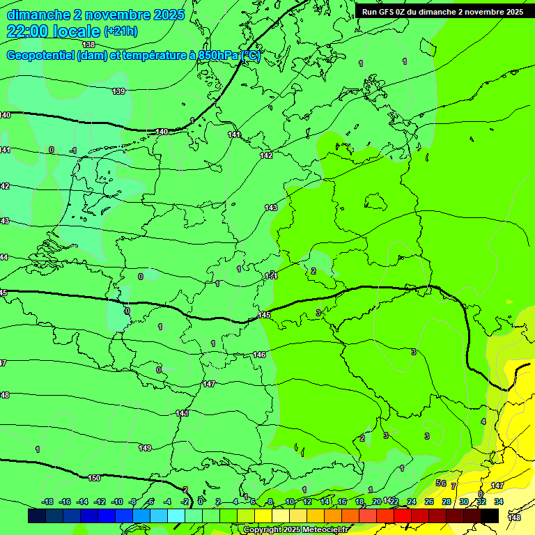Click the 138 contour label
pyautogui.click(x=88, y=45)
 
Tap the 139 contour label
pyautogui.click(x=118, y=91)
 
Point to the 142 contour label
pyautogui.click(x=266, y=155)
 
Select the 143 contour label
pyautogui.click(x=271, y=208)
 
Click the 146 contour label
pyautogui.click(x=259, y=355)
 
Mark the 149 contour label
pyautogui.click(x=145, y=448)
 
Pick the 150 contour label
pyautogui.click(x=94, y=478)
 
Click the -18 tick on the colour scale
pyautogui.click(x=48, y=502)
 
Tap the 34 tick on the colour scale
pyautogui.click(x=499, y=502)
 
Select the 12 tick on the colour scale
pyautogui.click(x=307, y=502)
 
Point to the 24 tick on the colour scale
pyautogui.click(x=412, y=502)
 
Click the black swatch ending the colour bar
pyautogui.click(x=490, y=515)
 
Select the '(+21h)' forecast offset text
pyautogui.click(x=121, y=31)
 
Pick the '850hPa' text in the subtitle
pyautogui.click(x=217, y=56)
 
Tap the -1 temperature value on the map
pyautogui.click(x=73, y=150)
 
